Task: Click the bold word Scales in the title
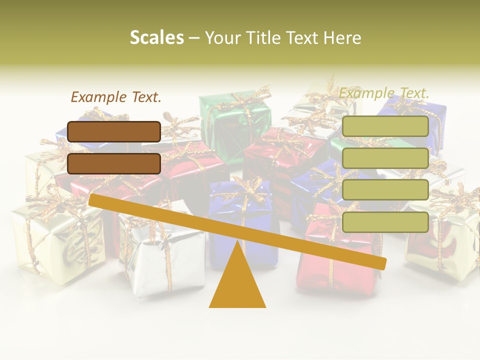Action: coord(156,37)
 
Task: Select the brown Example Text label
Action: coord(116,97)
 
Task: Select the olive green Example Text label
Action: coord(384,93)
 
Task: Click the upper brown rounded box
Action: coord(114,131)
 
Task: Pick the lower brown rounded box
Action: coord(114,163)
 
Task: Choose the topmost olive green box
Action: coord(385,126)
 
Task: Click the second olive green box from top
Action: coord(385,158)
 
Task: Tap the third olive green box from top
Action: coord(385,190)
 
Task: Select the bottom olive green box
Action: coord(385,222)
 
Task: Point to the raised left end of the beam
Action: coord(93,199)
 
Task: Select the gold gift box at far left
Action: coord(55,240)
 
